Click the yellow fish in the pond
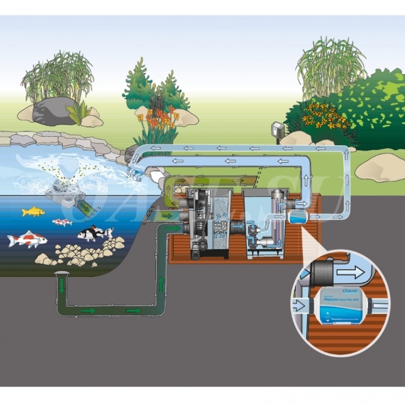point(33,212)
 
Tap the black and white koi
point(95,233)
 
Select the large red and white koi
point(27,240)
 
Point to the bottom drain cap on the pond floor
point(62,273)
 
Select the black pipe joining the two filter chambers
point(234,229)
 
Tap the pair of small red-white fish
point(62,222)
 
